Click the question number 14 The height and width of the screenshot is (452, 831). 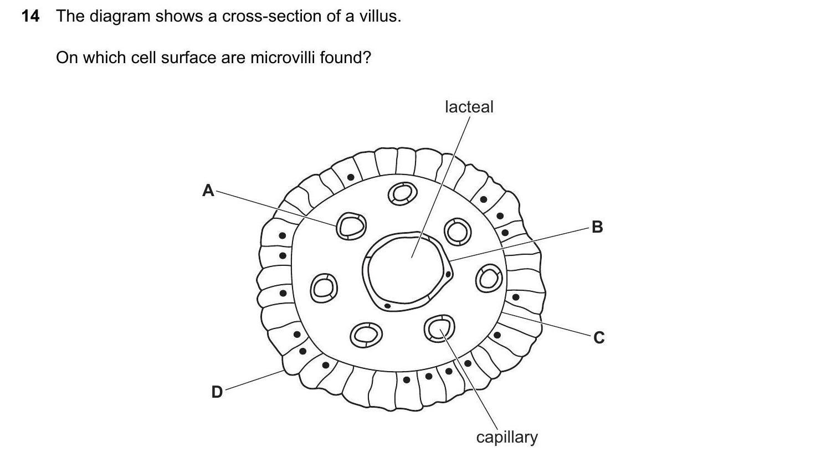[30, 17]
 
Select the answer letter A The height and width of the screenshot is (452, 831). [208, 191]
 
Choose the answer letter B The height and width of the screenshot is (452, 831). [597, 227]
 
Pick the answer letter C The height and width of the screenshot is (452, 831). [598, 337]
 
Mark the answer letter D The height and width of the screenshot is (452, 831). [217, 392]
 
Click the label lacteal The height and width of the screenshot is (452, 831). [469, 107]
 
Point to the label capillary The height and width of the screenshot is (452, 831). [506, 437]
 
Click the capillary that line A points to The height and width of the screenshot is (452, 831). [351, 225]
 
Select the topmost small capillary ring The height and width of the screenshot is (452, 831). [402, 193]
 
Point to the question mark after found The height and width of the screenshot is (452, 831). [366, 57]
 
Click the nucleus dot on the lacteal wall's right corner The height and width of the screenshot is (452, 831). [448, 274]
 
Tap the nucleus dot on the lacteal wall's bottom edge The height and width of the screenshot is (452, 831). [387, 305]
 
